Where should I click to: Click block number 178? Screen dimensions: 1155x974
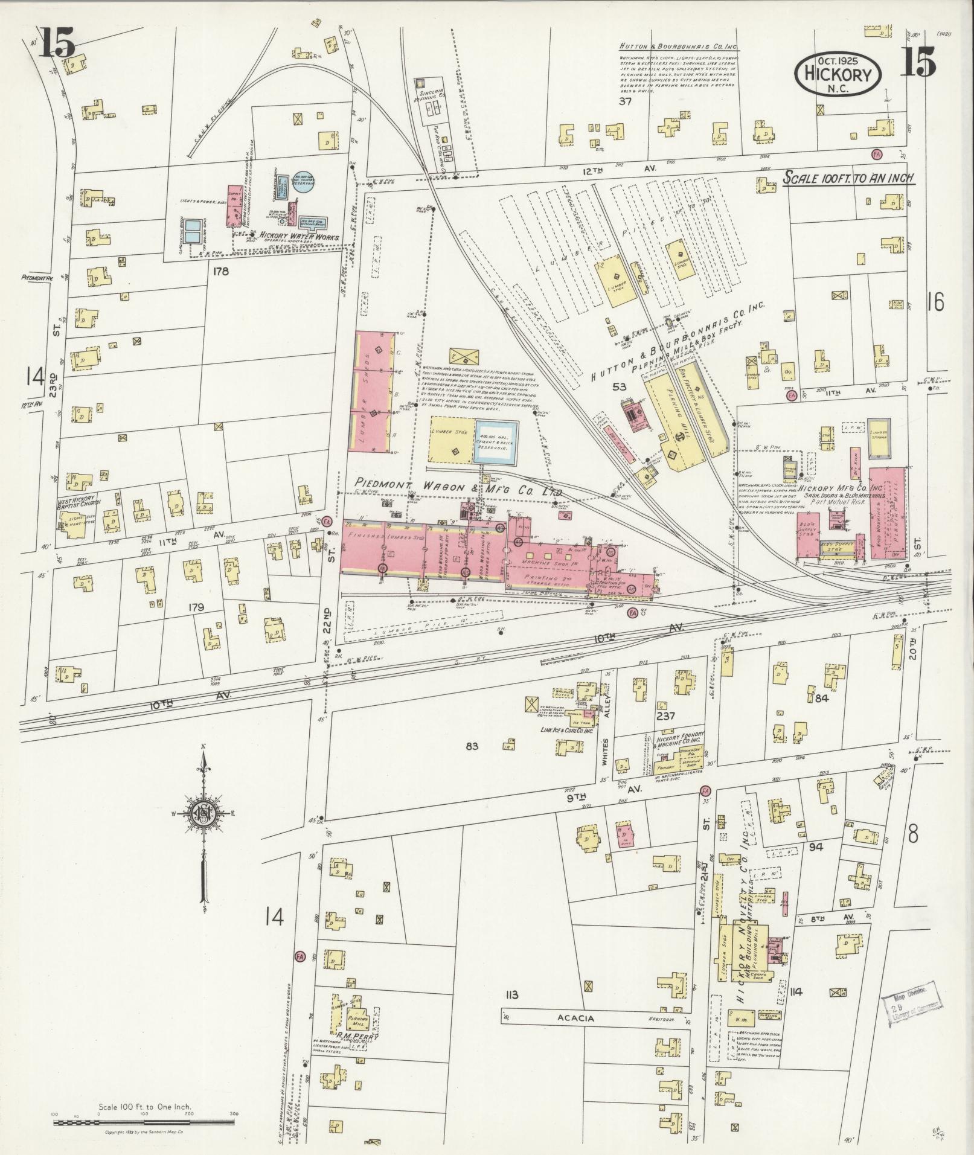(x=220, y=272)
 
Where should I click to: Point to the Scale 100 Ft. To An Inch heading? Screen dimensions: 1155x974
(x=848, y=178)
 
